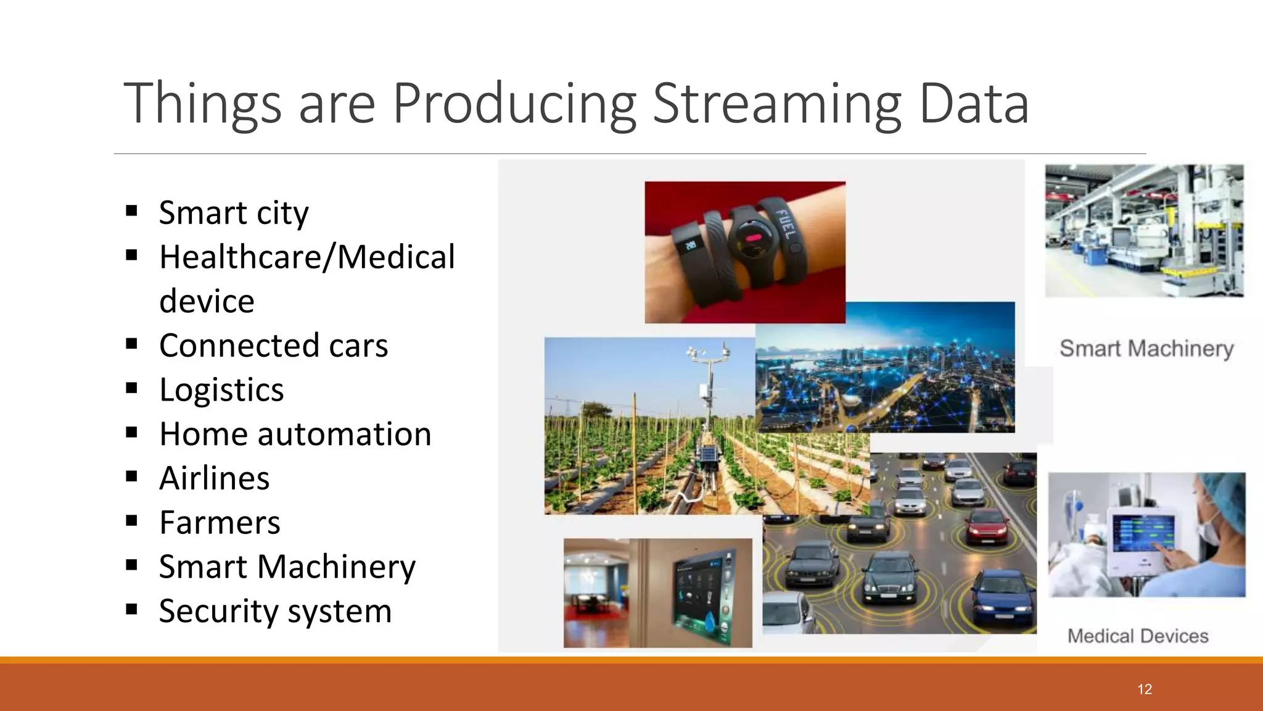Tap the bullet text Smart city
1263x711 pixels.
pos(233,213)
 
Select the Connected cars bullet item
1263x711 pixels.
pos(273,346)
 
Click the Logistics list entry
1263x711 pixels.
pos(221,390)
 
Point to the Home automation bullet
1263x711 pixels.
pos(295,434)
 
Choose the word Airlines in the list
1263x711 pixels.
pos(214,478)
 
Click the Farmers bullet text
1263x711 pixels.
pos(220,523)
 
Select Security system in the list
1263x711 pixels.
pos(275,611)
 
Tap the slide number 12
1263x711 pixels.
pos(1145,689)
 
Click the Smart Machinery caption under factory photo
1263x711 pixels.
pos(1146,349)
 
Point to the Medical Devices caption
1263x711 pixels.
pos(1138,636)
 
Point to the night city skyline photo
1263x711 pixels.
pos(885,367)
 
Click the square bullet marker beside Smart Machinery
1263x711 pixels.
pos(131,565)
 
